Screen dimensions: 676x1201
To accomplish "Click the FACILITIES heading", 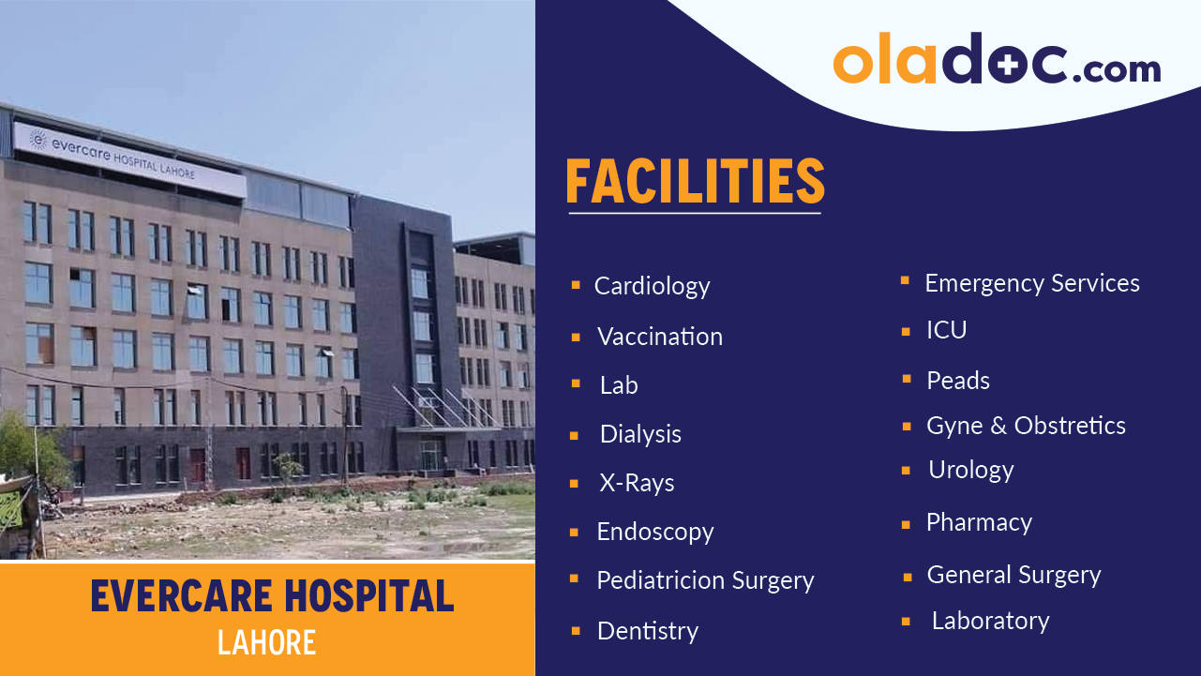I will [695, 182].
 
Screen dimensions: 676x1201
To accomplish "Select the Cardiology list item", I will [652, 286].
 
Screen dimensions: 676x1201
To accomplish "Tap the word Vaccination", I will [660, 337].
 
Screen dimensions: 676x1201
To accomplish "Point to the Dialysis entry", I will [640, 434].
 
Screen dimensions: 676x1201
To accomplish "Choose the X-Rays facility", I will [637, 483].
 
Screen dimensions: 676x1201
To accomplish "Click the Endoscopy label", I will [655, 532].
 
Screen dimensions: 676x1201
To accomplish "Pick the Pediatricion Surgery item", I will [705, 580].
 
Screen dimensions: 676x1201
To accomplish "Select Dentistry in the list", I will [648, 631].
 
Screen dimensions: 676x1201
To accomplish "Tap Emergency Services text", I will [1032, 283].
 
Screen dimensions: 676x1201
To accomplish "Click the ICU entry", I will [946, 330].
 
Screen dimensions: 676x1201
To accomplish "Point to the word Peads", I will [958, 381].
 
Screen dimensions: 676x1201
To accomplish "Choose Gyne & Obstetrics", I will [1026, 426].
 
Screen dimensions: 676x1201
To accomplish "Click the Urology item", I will [970, 470].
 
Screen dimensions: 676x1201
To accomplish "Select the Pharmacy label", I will [979, 522].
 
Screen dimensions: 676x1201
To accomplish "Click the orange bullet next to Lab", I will [576, 384].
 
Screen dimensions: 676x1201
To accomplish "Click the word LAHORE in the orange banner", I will [266, 642].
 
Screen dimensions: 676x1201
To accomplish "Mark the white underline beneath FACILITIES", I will [695, 214].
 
